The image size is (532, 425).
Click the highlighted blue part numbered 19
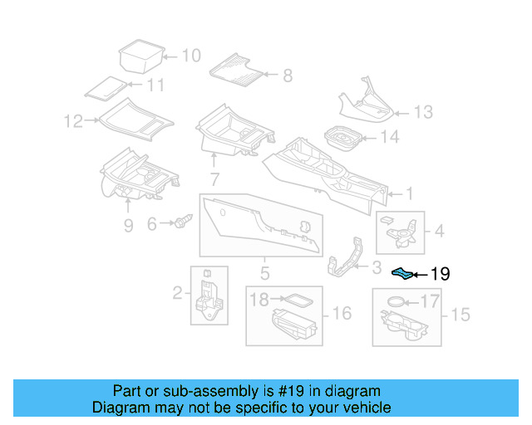pos(402,272)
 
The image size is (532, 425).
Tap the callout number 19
pos(440,273)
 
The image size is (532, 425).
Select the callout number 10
pos(190,56)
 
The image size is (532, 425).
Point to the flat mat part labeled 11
pos(105,87)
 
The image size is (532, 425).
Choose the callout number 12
pos(73,122)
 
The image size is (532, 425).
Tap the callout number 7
pos(214,178)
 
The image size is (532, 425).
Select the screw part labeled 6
pos(182,222)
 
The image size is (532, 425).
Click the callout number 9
pos(127,225)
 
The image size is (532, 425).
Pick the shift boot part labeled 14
pos(339,138)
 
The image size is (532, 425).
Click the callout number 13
pos(423,112)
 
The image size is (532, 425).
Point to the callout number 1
pos(408,194)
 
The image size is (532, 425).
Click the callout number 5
pos(264,273)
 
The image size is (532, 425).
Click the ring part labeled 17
pos(399,302)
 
